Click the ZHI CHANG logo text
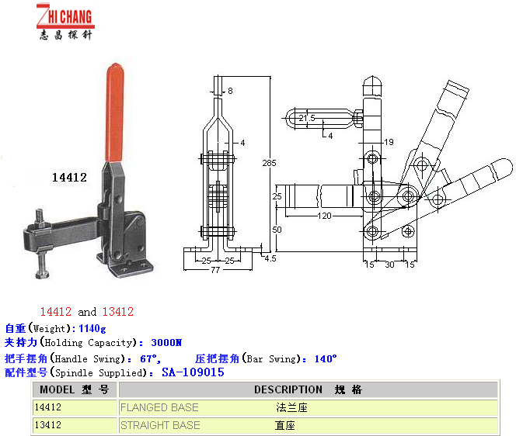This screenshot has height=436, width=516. coord(65,16)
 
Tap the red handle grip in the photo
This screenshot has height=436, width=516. coord(115,112)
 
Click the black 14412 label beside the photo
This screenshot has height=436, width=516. coord(69,178)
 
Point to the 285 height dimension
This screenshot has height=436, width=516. coord(269,163)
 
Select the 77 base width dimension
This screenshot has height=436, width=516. coord(215,270)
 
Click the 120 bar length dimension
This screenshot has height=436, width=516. coord(325,216)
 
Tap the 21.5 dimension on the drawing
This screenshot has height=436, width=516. coord(307,118)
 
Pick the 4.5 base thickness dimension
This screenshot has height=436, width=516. coord(270,258)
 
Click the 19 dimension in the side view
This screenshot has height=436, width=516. coord(389,142)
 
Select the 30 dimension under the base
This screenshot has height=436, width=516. coord(389,265)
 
